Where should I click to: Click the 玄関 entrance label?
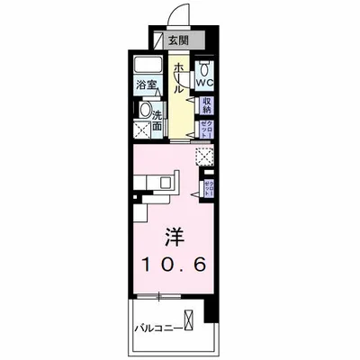coord(179,40)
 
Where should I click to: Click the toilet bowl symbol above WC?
coord(204,67)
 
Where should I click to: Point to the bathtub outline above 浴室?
coord(148,68)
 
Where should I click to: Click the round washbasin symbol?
coord(143,111)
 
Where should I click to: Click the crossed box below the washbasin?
coord(141,131)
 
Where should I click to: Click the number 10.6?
coord(174,265)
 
